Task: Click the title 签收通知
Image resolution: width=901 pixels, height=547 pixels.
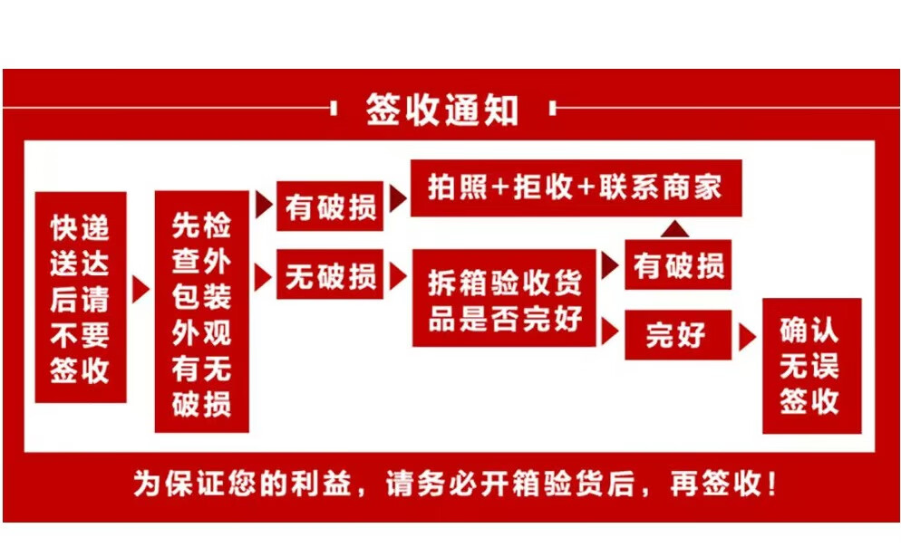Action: coord(441,110)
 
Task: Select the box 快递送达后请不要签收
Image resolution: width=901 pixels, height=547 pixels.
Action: coord(80,297)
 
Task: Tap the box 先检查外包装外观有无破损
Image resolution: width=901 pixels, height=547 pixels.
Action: coord(201,312)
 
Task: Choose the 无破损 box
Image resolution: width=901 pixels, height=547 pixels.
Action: coord(330,275)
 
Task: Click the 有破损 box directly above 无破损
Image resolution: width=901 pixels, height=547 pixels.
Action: coord(330,207)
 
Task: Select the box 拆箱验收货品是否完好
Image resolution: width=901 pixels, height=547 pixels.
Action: coord(504,298)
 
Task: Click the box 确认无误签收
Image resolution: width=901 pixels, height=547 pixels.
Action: coord(809,365)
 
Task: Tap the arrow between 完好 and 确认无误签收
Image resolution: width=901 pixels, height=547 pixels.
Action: coord(747,337)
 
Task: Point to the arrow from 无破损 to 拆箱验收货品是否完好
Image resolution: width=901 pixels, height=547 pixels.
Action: coord(397,275)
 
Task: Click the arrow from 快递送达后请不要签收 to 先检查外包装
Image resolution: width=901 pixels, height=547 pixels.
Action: coord(140,289)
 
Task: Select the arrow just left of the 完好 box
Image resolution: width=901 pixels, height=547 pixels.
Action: coord(610,331)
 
